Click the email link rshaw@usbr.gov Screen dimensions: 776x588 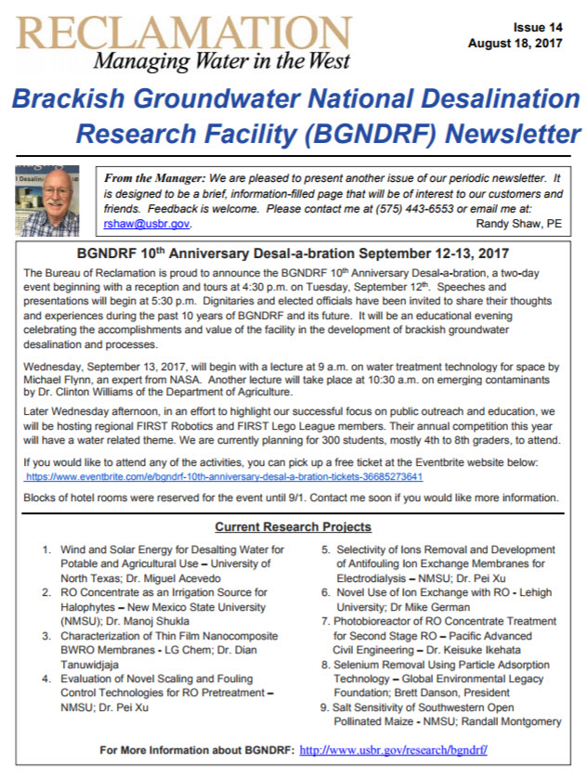tap(147, 224)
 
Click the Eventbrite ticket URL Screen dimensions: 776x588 tap(224, 476)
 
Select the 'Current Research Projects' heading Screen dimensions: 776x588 tap(293, 527)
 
